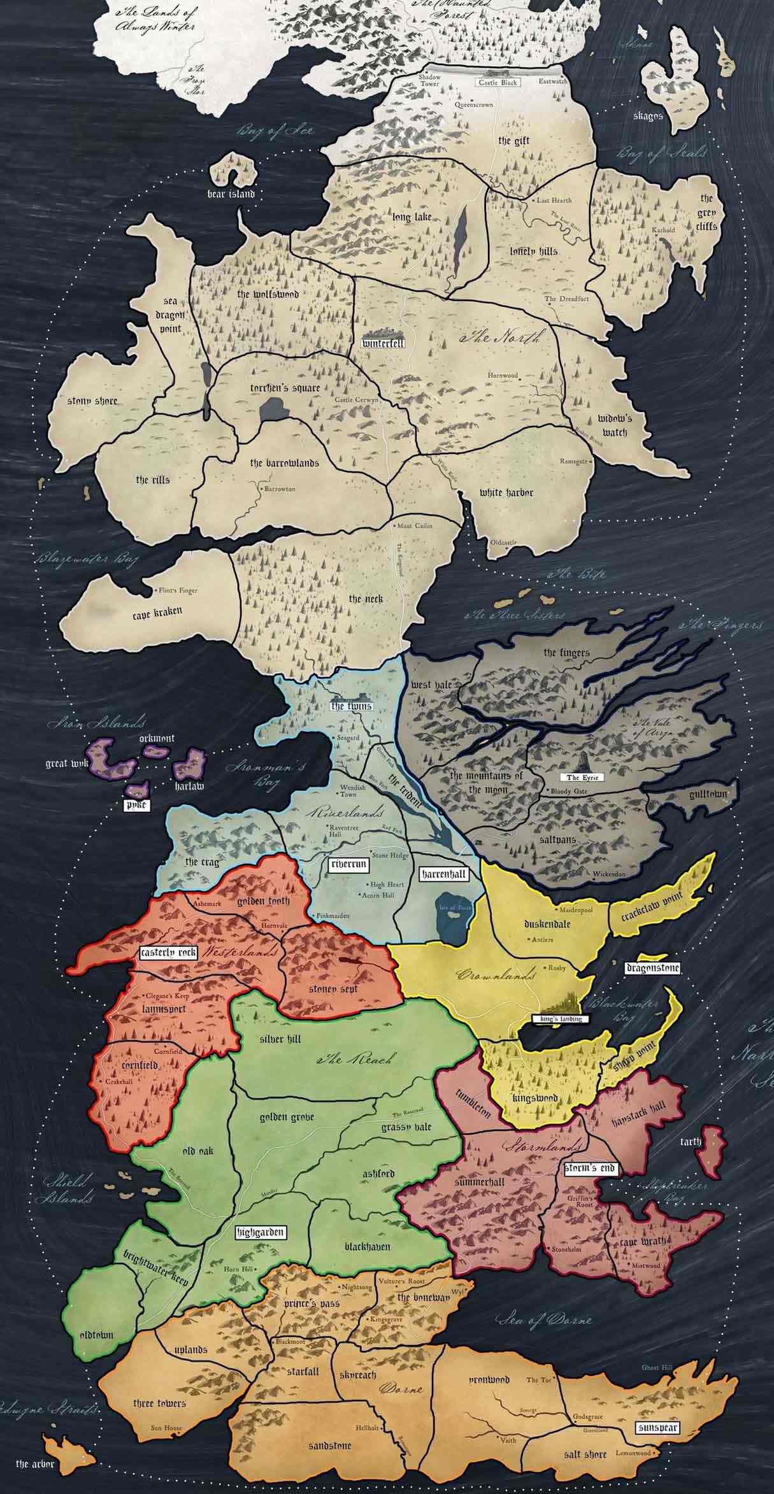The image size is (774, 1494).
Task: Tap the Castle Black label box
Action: pos(498,82)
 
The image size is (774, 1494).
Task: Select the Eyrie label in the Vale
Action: pos(581,778)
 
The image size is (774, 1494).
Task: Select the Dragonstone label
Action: pos(653,968)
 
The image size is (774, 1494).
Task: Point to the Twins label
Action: pos(351,706)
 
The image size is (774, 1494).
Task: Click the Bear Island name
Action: pos(231,194)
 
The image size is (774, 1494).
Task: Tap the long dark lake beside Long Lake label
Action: pos(460,239)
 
